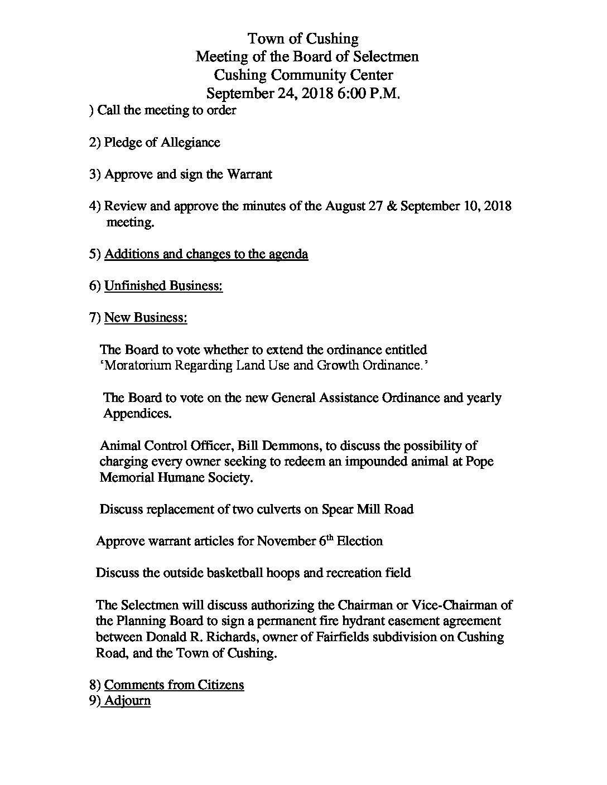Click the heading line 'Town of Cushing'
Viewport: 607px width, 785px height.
coord(303,38)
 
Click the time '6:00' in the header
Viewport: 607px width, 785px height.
coord(351,93)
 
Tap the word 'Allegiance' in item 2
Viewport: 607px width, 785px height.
coord(190,143)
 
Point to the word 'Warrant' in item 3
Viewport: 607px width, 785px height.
coord(249,175)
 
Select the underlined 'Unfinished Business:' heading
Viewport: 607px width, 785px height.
coord(163,286)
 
